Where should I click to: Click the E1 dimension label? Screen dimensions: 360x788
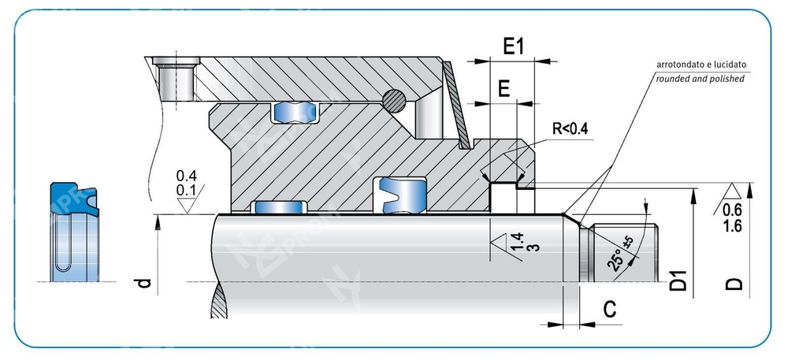tap(513, 46)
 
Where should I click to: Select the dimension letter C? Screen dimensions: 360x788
tap(609, 310)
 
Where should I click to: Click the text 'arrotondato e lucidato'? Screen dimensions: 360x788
tap(699, 65)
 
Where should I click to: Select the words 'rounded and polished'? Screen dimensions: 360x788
tap(699, 79)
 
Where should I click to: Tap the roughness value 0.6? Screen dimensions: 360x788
tap(732, 210)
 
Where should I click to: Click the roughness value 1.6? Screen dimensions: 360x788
tap(732, 225)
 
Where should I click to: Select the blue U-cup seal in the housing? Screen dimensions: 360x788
tap(402, 194)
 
